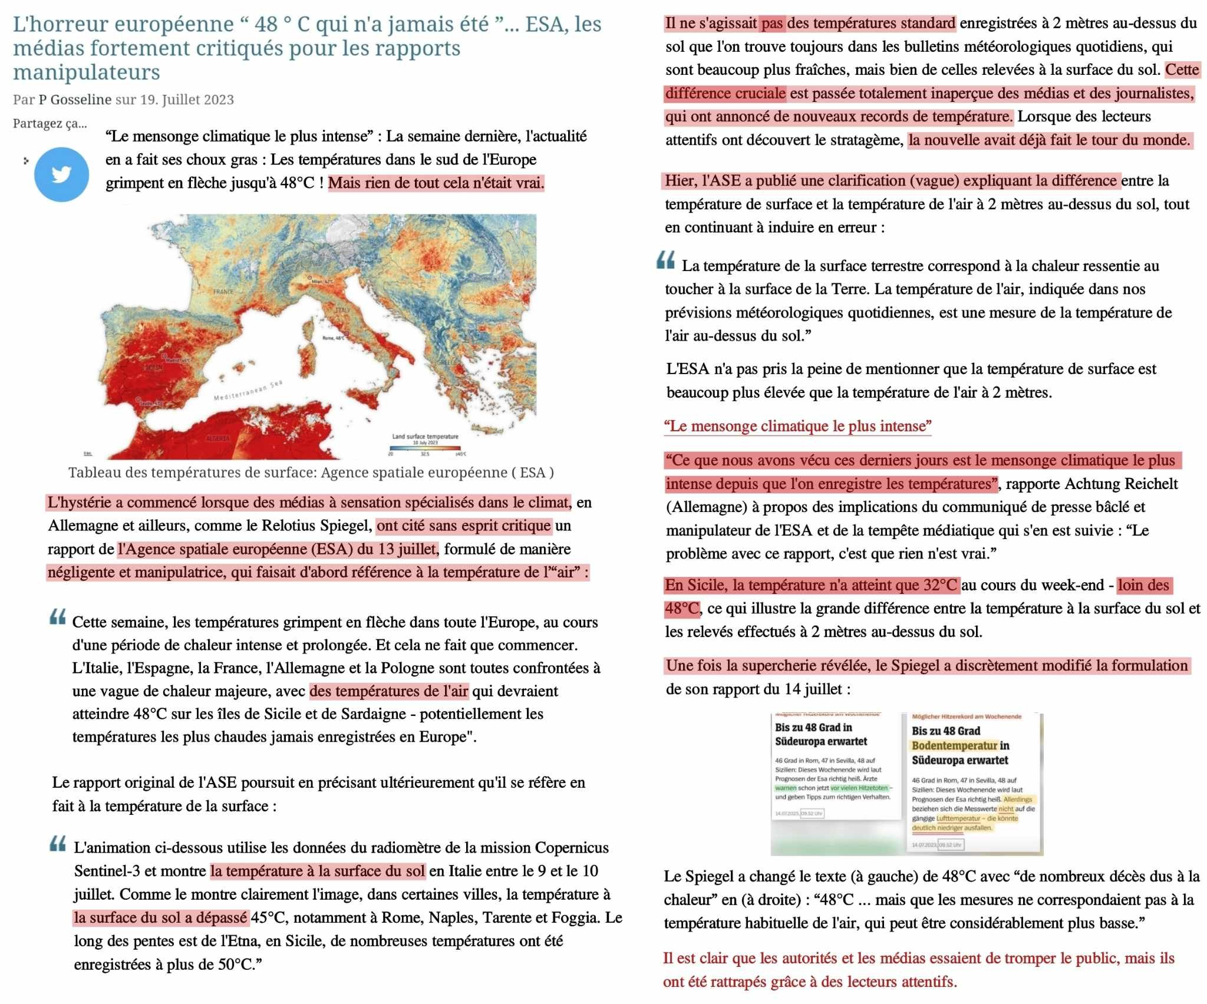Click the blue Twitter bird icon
click(x=61, y=174)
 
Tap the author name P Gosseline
click(x=75, y=100)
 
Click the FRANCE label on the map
click(x=223, y=292)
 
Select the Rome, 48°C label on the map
click(x=334, y=338)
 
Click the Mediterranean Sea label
click(x=248, y=391)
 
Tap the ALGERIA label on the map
click(x=217, y=439)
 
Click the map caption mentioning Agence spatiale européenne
click(x=311, y=473)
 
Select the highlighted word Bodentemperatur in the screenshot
click(x=955, y=745)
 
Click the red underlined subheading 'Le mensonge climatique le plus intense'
click(x=797, y=426)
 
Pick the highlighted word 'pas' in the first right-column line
click(x=772, y=24)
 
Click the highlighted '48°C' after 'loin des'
click(x=682, y=609)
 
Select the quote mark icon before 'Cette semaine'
click(x=58, y=617)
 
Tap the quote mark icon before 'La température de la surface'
click(x=665, y=260)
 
